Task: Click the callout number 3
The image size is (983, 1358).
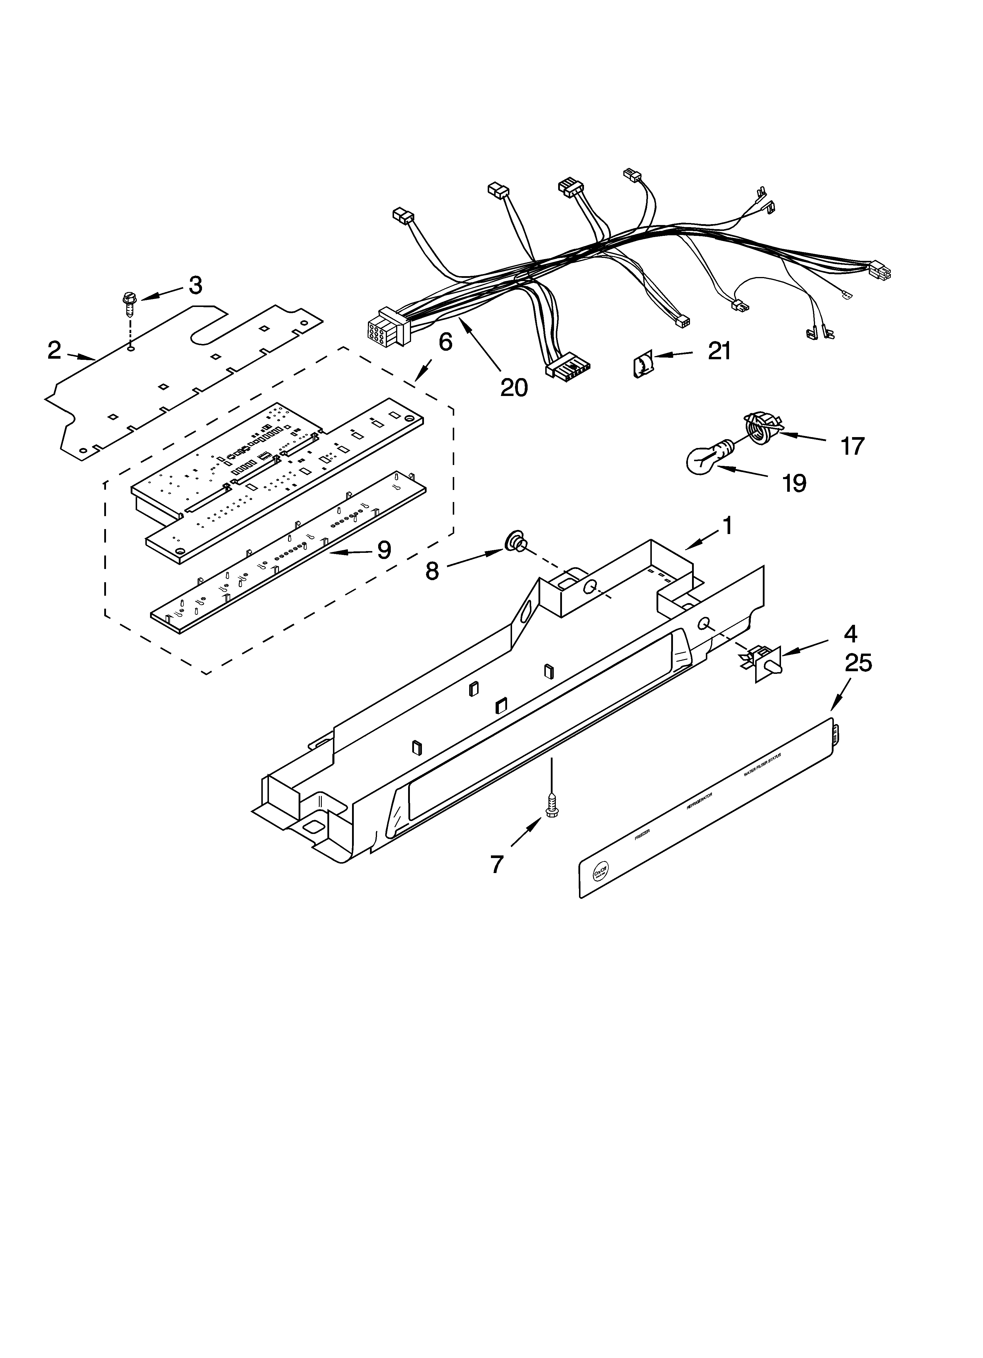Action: coord(195,286)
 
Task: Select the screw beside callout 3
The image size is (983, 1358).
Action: coord(129,305)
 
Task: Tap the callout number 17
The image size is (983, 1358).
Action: coord(852,446)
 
